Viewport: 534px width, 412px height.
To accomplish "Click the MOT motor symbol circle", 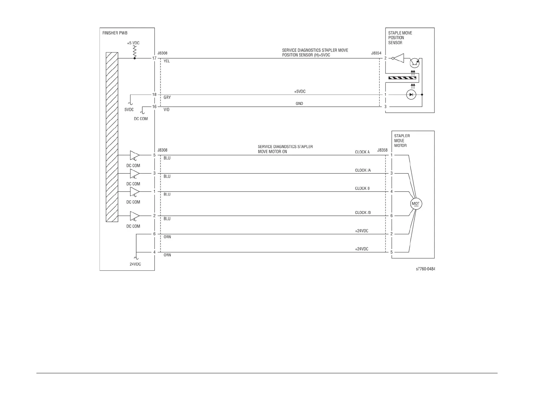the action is (x=416, y=204).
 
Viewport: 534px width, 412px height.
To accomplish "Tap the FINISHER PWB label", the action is (x=115, y=33).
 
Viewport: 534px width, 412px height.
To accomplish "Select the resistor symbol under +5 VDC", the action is (x=135, y=52).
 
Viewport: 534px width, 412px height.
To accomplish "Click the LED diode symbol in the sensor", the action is (x=411, y=95).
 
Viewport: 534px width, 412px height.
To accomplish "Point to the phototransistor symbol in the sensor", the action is (x=414, y=63).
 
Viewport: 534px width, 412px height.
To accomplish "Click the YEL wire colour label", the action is (x=167, y=61).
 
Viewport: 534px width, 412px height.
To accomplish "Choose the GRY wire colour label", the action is (x=167, y=98).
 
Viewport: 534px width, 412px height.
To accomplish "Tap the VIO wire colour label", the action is (x=167, y=110).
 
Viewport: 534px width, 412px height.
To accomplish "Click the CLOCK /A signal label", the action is (x=363, y=170).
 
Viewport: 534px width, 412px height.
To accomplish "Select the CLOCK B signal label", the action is (x=362, y=188).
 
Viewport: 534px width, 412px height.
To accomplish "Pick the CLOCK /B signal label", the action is (x=363, y=213).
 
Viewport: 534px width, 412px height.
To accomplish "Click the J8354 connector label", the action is (x=376, y=53).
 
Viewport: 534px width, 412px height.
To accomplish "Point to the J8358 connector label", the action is (x=382, y=150).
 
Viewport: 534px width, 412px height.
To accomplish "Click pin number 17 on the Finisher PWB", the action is (x=154, y=58).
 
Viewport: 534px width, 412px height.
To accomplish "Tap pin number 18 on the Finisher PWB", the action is (x=154, y=95).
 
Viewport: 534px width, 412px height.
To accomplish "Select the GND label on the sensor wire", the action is (x=299, y=104).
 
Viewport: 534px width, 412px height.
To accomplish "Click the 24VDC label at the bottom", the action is (x=135, y=264).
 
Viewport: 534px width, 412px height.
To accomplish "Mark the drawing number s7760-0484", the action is (x=425, y=269).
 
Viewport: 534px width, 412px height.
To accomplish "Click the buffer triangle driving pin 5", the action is (x=135, y=155).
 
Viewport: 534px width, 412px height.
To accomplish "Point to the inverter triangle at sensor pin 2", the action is (x=398, y=59).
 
